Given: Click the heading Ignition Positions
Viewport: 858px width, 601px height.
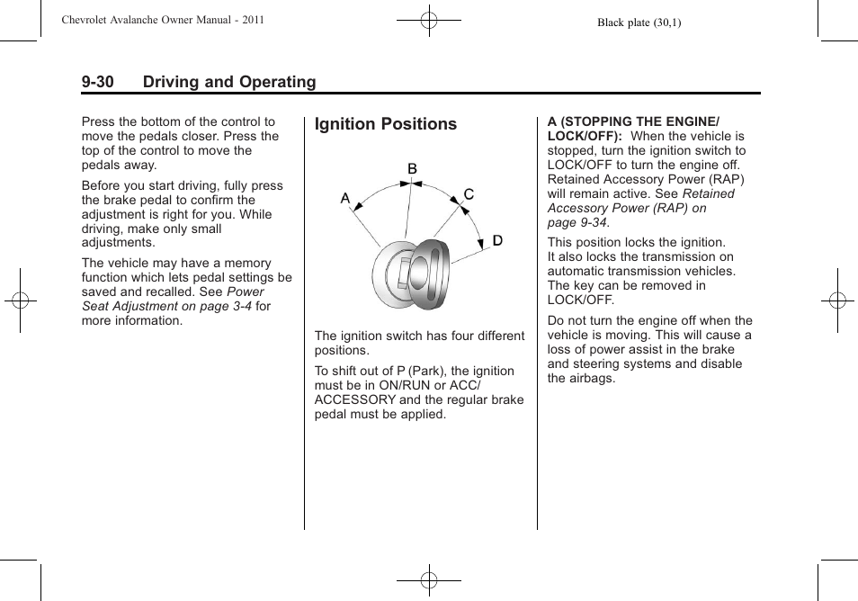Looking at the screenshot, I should [386, 124].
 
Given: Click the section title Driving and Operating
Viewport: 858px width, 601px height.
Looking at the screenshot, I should [229, 82].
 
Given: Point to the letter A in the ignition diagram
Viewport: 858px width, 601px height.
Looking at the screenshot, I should [344, 198].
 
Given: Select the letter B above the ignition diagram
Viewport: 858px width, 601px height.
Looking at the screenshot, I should [412, 169].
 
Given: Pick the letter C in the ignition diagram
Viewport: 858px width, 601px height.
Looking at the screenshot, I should [469, 194].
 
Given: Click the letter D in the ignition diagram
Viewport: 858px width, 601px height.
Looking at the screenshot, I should [497, 240].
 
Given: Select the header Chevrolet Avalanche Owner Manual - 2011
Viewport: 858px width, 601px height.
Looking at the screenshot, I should [162, 20].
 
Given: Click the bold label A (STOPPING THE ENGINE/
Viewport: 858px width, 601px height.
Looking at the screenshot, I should [633, 121].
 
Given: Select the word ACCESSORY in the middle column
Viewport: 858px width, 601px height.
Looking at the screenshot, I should [354, 399].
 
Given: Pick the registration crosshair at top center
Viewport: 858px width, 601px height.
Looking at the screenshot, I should [429, 19].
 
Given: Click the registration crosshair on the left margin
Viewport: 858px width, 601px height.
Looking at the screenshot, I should [21, 300].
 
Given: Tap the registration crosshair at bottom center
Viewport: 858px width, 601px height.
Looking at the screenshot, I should [429, 581].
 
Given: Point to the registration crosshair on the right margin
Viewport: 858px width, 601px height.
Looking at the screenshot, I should [836, 300].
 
